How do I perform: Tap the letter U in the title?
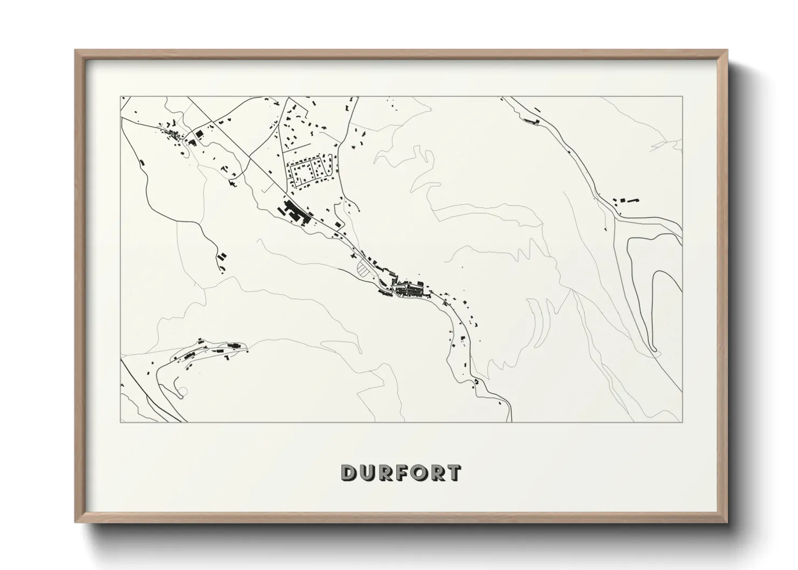pyautogui.click(x=366, y=472)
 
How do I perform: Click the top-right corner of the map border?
pyautogui.click(x=682, y=97)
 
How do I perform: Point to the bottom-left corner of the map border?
pyautogui.click(x=121, y=422)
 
